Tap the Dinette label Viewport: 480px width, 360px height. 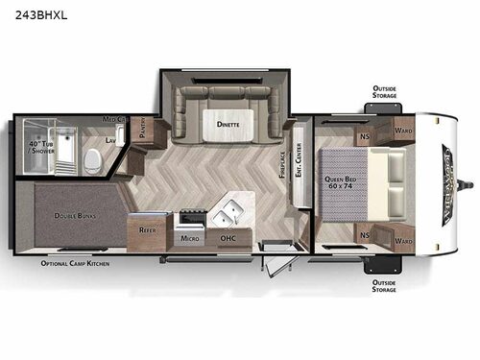(228, 125)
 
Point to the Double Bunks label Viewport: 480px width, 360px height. (74, 216)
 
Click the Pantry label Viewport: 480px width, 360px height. (141, 130)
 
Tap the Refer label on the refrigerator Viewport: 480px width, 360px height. (147, 230)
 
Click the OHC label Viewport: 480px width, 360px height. (228, 238)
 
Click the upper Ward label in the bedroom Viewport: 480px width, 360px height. (404, 130)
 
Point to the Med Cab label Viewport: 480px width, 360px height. (115, 119)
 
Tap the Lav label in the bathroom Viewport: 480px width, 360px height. (111, 140)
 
